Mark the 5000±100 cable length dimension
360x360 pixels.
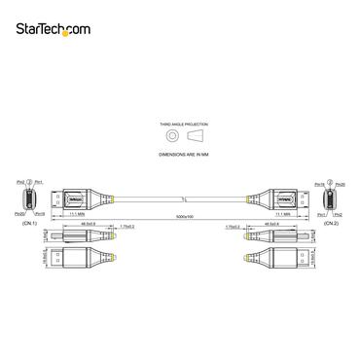[179, 215]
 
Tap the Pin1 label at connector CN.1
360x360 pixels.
[37, 181]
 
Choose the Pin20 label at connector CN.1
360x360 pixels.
[19, 214]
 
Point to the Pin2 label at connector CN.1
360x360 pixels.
[19, 181]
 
